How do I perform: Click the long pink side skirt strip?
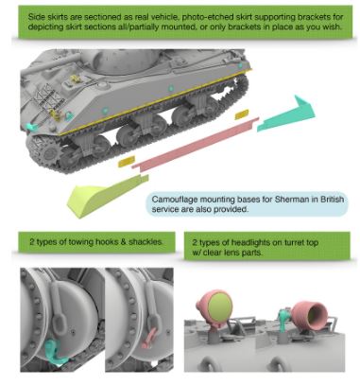(196, 144)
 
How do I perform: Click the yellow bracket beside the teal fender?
(242, 114)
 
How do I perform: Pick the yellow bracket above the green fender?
(127, 161)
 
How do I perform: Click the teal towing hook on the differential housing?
(55, 352)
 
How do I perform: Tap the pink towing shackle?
(148, 338)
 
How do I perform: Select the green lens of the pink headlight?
(220, 307)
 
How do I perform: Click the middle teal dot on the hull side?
(170, 88)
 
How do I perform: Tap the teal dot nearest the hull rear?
(240, 65)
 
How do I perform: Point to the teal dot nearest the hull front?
(105, 111)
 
